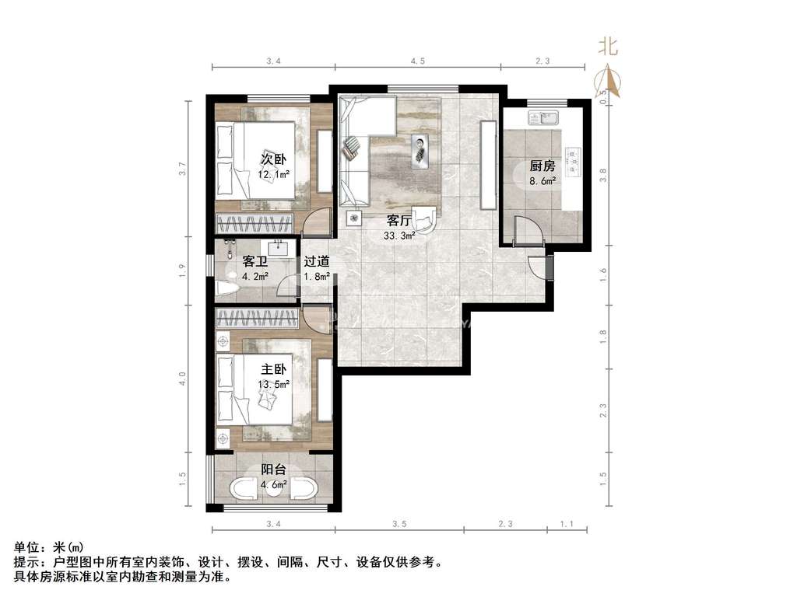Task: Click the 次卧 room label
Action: point(273,159)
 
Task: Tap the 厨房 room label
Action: point(542,166)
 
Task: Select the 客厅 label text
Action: point(399,220)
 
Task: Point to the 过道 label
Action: point(317,261)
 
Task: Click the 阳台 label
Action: point(273,470)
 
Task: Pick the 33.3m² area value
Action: point(399,236)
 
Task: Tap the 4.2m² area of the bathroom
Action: point(255,277)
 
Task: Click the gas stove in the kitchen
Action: point(574,160)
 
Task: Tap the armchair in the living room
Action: point(424,218)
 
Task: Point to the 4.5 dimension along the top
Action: point(418,61)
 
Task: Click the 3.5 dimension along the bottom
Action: point(400,524)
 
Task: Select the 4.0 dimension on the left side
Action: point(182,379)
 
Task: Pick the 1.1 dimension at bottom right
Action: point(567,524)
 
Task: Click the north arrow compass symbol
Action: point(609,81)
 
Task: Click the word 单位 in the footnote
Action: point(26,547)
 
